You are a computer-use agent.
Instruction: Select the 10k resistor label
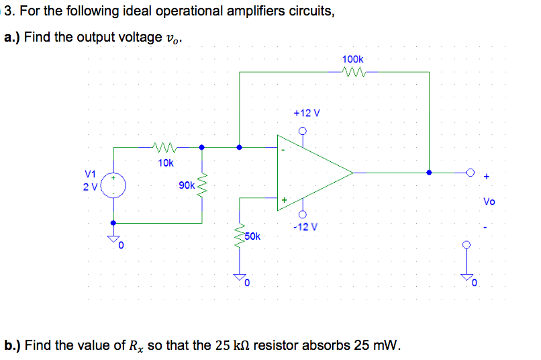point(165,163)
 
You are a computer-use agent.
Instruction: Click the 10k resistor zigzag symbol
point(165,146)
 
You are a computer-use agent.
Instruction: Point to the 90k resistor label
point(187,185)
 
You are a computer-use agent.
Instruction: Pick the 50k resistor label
point(253,236)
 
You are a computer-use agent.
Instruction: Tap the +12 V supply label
point(307,113)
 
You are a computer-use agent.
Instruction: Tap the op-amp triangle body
point(309,173)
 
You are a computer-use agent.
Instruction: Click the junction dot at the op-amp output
point(429,173)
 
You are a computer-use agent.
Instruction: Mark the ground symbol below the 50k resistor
point(240,277)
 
